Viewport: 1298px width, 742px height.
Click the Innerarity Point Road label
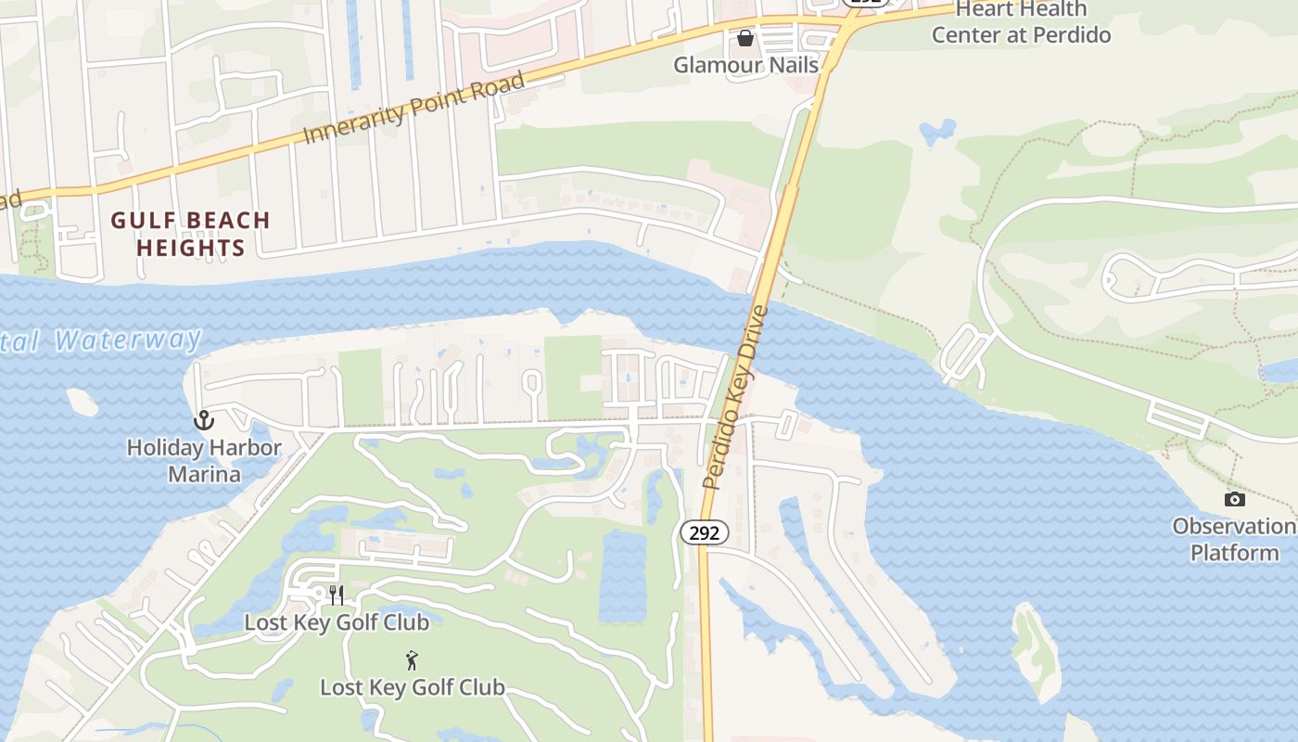tap(414, 108)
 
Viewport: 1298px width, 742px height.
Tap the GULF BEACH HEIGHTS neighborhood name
tap(190, 234)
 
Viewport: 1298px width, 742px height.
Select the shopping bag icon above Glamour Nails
tap(744, 38)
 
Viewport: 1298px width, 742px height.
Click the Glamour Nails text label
tap(745, 65)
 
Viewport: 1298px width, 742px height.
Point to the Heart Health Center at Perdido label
tap(1021, 22)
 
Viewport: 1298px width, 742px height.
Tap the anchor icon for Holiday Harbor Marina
tap(203, 420)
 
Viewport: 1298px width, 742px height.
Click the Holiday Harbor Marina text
tap(204, 461)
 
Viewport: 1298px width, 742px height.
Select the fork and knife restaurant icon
tap(337, 595)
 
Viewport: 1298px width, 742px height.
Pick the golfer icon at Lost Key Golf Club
tap(412, 660)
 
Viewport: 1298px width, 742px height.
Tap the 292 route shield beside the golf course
tap(705, 532)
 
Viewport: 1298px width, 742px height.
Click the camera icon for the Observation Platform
tap(1234, 500)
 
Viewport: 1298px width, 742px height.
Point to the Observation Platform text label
tap(1234, 540)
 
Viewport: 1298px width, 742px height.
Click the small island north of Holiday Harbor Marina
tap(82, 402)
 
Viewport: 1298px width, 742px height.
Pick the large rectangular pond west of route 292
tap(622, 575)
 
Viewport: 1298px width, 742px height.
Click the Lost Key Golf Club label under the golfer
tap(412, 687)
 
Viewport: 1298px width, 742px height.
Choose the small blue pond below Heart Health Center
tap(936, 132)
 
